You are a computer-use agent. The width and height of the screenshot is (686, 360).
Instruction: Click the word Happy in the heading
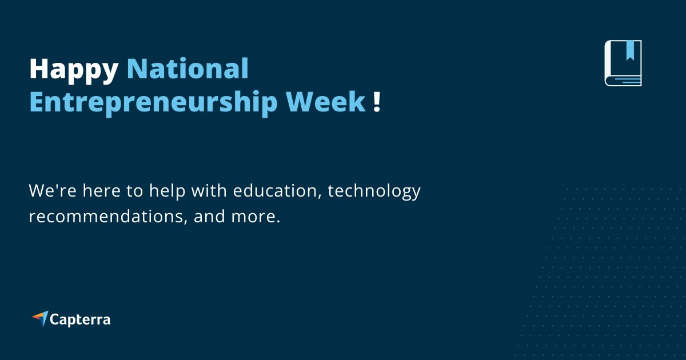coord(73,70)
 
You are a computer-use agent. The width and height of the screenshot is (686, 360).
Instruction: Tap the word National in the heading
coord(188,69)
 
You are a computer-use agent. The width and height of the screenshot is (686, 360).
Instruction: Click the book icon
coord(623,63)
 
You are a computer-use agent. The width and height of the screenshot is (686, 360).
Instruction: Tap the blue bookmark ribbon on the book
coord(630,50)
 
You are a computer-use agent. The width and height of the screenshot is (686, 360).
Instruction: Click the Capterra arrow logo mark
coord(40,318)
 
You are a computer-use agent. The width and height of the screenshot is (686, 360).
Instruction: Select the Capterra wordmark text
coord(80,319)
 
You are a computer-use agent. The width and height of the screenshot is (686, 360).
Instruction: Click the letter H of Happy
coord(39,69)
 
